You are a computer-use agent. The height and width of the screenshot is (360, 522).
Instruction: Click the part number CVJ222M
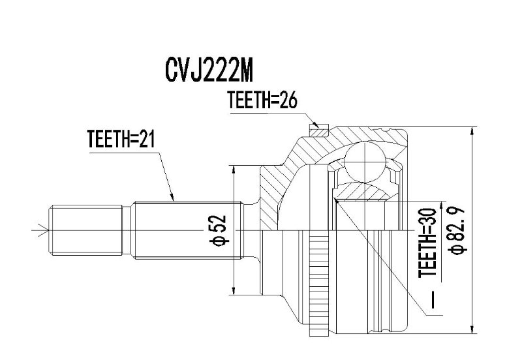[209, 71]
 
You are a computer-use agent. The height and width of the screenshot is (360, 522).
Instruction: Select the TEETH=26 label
[262, 100]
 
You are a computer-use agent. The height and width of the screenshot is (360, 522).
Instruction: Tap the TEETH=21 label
[121, 139]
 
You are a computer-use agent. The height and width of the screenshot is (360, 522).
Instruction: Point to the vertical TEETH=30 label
[427, 243]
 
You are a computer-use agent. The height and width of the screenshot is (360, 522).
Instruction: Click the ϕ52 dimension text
[218, 230]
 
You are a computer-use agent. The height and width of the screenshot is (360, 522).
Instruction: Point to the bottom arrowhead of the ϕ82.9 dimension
[472, 329]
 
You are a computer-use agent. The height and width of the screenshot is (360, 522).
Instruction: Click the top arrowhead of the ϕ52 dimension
[234, 170]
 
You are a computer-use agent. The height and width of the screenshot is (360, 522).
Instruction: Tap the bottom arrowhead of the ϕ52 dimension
[234, 290]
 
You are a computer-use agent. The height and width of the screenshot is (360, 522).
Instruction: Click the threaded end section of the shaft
[85, 230]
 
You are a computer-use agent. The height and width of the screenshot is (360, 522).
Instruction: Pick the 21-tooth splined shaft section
[187, 230]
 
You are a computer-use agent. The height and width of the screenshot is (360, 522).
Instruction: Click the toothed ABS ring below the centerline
[318, 283]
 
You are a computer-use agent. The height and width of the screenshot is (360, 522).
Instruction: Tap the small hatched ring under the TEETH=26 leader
[319, 130]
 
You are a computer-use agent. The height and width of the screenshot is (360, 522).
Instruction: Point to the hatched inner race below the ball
[361, 191]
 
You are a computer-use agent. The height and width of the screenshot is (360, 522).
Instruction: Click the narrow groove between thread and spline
[126, 230]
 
